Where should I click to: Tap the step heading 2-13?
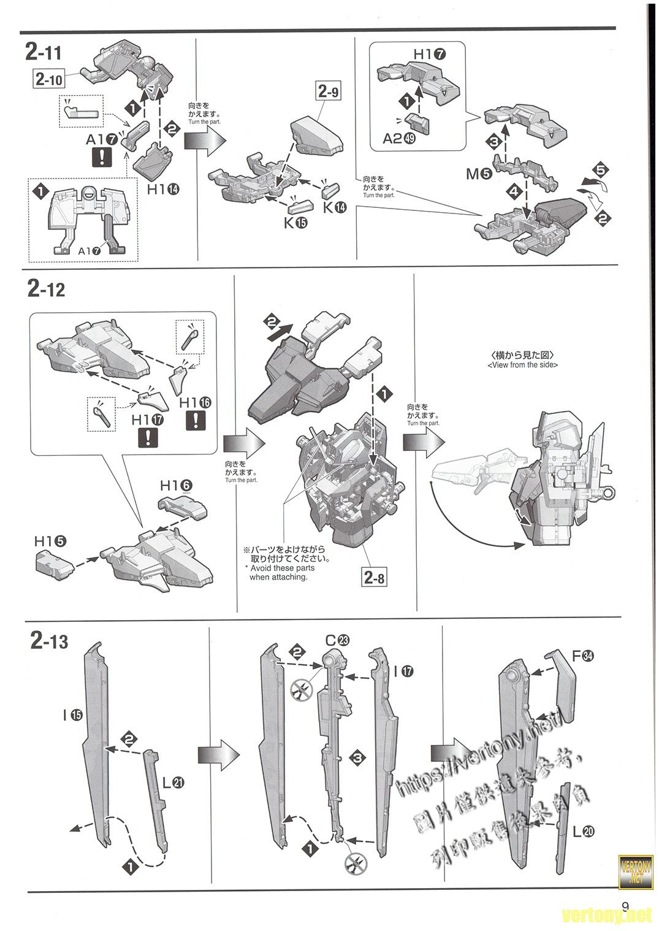coord(49,642)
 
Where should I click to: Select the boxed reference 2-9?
coord(329,92)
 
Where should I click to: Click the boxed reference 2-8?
coord(375,577)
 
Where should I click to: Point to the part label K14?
coord(335,207)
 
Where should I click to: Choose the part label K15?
coord(295,223)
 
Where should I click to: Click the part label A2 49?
coord(399,139)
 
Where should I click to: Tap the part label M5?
coord(479,174)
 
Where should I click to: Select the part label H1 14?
coord(163,190)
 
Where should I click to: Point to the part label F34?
coord(583,656)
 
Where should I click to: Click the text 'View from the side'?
coord(522,365)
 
